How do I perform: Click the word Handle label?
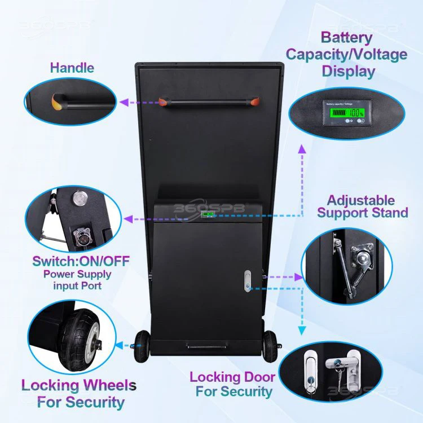[x=72, y=68]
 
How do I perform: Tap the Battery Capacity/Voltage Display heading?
[x=346, y=55]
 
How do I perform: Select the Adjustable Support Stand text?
[x=362, y=206]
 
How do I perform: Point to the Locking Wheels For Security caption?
[x=78, y=394]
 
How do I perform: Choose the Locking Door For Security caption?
[x=232, y=384]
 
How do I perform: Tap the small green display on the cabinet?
[x=209, y=215]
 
